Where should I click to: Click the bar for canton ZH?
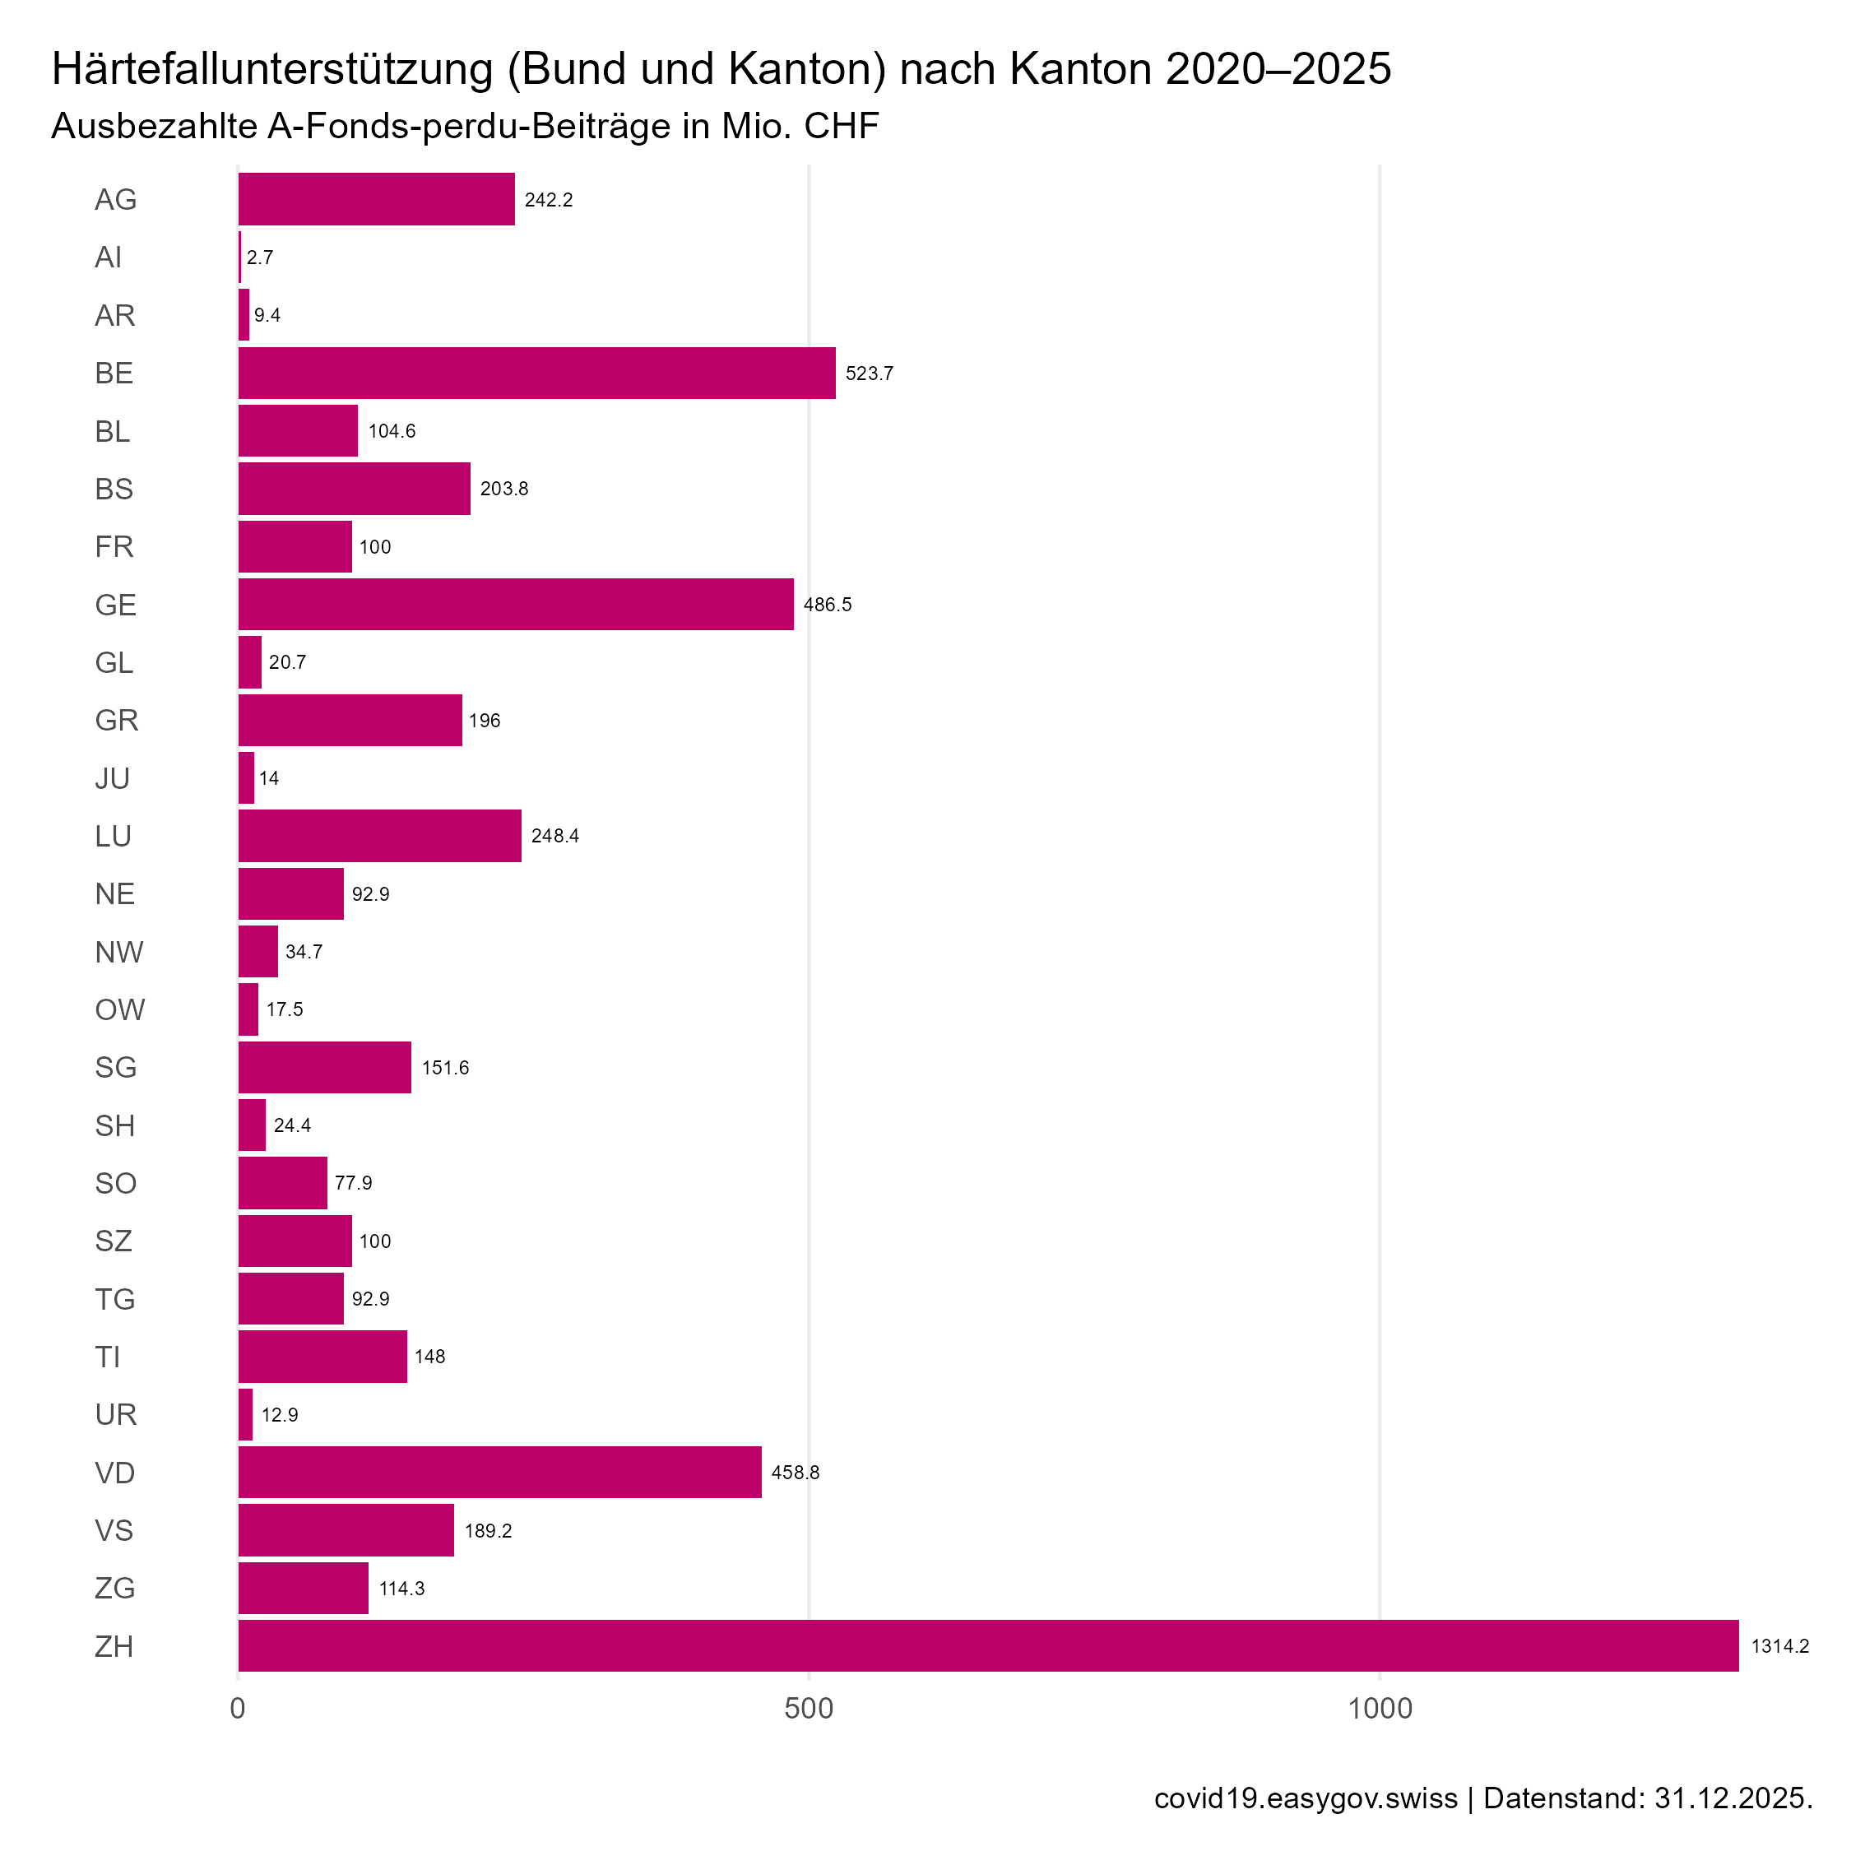pyautogui.click(x=987, y=1646)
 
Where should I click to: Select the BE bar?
pyautogui.click(x=536, y=373)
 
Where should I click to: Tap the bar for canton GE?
pyautogui.click(x=516, y=605)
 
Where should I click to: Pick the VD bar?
pyautogui.click(x=499, y=1472)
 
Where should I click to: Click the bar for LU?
pyautogui.click(x=379, y=836)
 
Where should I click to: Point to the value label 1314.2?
pyautogui.click(x=1780, y=1646)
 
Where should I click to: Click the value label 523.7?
pyautogui.click(x=869, y=373)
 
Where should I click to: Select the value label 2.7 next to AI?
pyautogui.click(x=260, y=257)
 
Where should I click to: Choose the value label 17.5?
pyautogui.click(x=285, y=1009)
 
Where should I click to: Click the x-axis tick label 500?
pyautogui.click(x=808, y=1709)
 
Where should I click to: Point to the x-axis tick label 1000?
pyautogui.click(x=1380, y=1709)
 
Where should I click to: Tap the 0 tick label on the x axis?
pyautogui.click(x=238, y=1709)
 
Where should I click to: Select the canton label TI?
pyautogui.click(x=107, y=1357)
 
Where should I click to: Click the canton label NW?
pyautogui.click(x=118, y=953)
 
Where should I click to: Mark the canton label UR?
pyautogui.click(x=116, y=1415)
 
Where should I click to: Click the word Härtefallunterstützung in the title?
pyautogui.click(x=272, y=69)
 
